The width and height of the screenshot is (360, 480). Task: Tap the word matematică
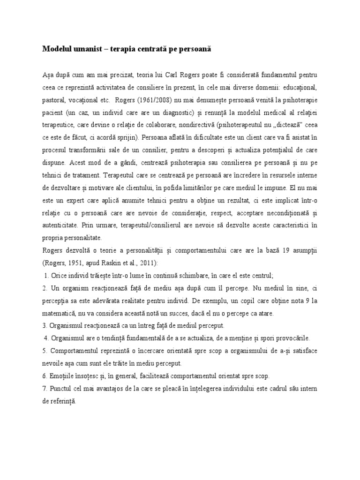58,314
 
